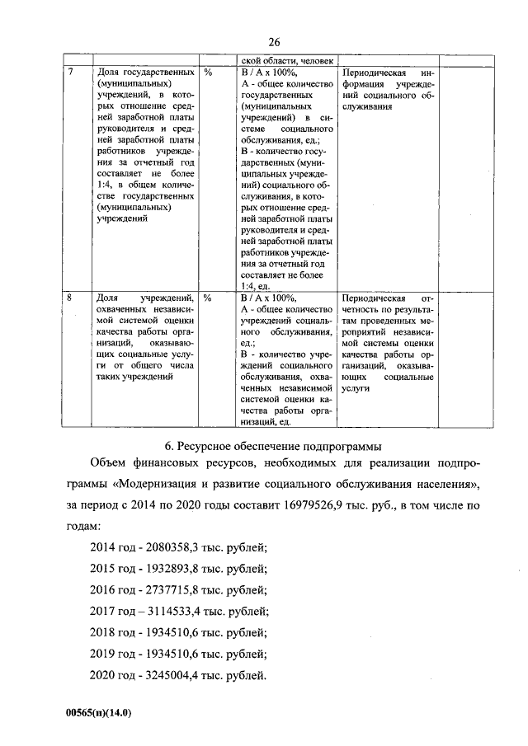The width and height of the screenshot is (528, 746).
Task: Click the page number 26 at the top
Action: [x=275, y=42]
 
